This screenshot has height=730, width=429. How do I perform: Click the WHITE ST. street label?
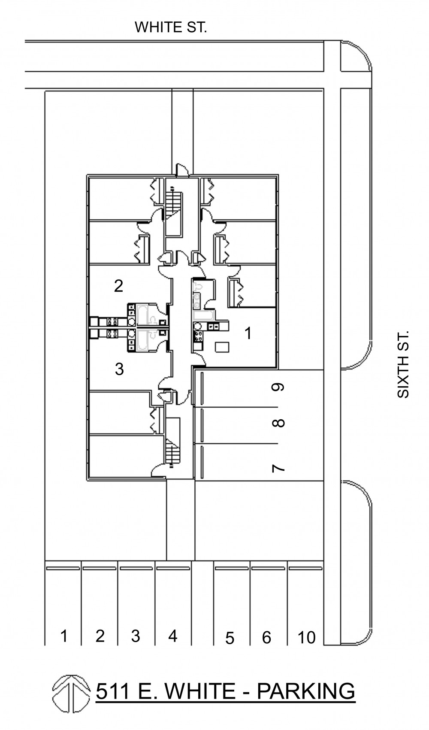point(171,27)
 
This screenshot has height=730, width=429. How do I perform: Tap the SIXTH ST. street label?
point(403,364)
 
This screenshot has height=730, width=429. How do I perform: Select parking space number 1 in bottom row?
point(64,636)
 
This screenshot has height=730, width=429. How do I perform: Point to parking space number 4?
point(172,636)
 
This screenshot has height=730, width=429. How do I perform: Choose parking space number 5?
point(230,638)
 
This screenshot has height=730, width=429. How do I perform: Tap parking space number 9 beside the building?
point(278,387)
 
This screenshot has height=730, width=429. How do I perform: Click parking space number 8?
point(278,423)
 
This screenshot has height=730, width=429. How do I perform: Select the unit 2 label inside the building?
point(118,286)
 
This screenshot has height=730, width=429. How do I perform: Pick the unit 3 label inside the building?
point(119,369)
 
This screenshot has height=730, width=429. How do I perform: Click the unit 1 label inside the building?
point(248,333)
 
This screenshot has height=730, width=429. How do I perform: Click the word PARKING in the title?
point(305,691)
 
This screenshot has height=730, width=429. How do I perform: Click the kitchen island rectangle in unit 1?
point(222,347)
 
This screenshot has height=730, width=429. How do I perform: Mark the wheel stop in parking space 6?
point(268,568)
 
